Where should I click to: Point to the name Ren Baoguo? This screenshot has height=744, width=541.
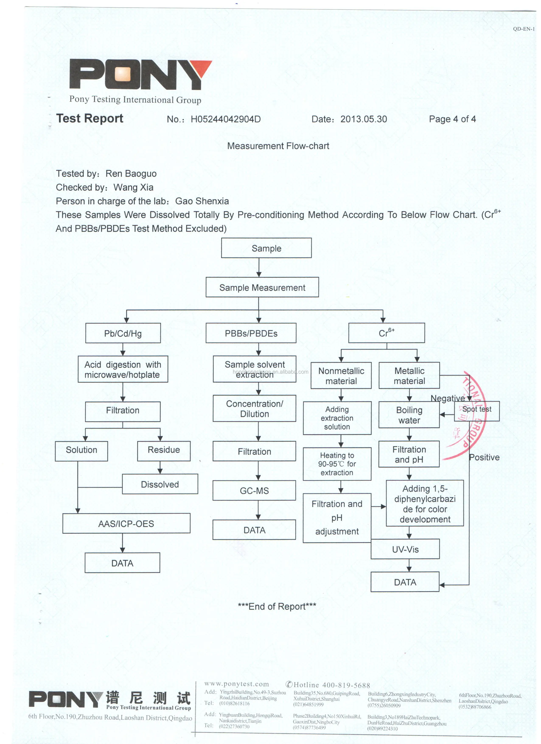(131, 174)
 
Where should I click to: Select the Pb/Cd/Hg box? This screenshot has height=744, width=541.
(123, 333)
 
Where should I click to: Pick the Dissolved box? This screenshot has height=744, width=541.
(160, 484)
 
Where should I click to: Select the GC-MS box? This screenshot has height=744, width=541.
(254, 491)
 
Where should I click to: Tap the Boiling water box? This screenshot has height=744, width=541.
(409, 415)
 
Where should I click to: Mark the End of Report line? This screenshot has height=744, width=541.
(277, 606)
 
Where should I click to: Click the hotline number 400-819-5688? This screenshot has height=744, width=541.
(346, 685)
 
